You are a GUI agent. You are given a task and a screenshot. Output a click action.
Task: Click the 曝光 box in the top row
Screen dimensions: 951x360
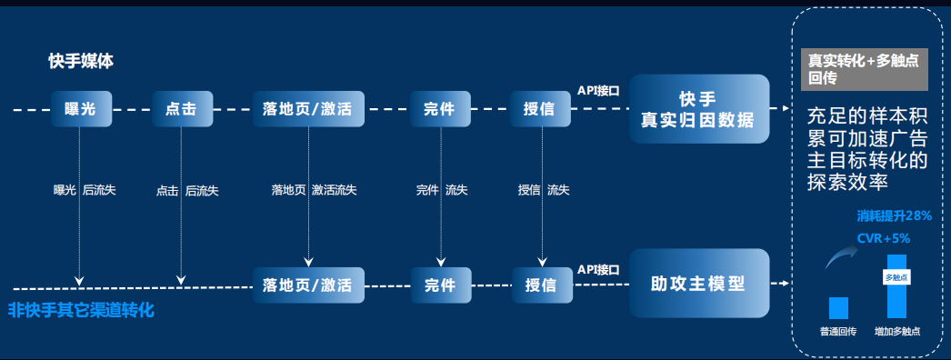pyautogui.click(x=81, y=109)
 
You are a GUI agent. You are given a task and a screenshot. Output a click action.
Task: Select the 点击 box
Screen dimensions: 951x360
pyautogui.click(x=182, y=109)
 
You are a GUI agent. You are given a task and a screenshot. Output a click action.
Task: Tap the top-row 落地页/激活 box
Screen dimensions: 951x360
pyautogui.click(x=309, y=109)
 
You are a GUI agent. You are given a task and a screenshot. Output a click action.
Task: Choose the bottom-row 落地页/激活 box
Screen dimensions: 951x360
pyautogui.click(x=309, y=285)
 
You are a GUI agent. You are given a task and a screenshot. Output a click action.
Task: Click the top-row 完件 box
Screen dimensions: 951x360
pyautogui.click(x=440, y=109)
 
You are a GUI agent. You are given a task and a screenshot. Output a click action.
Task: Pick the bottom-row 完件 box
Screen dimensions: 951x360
pyautogui.click(x=441, y=285)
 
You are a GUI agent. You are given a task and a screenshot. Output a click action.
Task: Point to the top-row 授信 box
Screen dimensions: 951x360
pyautogui.click(x=540, y=109)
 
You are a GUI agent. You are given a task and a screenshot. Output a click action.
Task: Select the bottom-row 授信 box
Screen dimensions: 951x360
pyautogui.click(x=542, y=285)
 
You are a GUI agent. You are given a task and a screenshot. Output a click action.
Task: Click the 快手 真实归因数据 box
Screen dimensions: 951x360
pyautogui.click(x=698, y=109)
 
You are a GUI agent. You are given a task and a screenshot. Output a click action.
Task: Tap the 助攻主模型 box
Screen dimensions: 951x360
pyautogui.click(x=698, y=283)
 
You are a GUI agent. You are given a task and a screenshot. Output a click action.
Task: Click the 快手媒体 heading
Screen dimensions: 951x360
pyautogui.click(x=81, y=61)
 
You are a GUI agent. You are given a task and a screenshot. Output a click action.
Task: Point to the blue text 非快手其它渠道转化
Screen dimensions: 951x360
pyautogui.click(x=81, y=311)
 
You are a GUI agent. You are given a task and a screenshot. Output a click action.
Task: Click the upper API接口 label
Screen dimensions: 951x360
pyautogui.click(x=598, y=91)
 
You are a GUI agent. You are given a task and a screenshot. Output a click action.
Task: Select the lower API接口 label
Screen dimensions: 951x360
pyautogui.click(x=598, y=268)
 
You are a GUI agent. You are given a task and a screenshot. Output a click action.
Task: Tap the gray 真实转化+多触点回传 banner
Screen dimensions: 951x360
pyautogui.click(x=865, y=70)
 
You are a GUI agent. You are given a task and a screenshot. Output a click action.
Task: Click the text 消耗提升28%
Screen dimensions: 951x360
pyautogui.click(x=894, y=215)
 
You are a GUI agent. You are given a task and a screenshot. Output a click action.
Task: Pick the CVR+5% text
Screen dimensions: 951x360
pyautogui.click(x=884, y=238)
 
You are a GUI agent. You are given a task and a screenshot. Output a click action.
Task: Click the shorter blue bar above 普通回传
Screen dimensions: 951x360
pyautogui.click(x=838, y=308)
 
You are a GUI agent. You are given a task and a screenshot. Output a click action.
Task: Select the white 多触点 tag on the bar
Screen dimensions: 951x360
pyautogui.click(x=896, y=277)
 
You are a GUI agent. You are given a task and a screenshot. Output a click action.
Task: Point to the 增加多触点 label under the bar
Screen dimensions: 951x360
pyautogui.click(x=897, y=332)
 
